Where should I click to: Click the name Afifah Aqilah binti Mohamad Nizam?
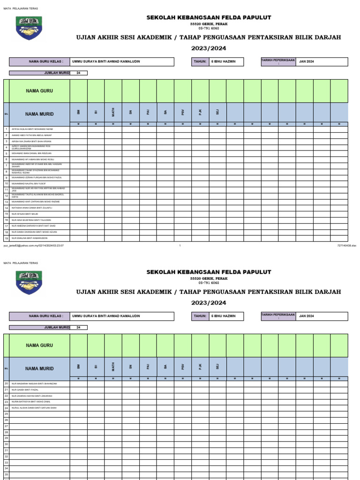coord(32,129)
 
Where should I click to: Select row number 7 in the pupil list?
coord(6,165)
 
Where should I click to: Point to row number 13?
coord(6,202)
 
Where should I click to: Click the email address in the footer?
coord(34,245)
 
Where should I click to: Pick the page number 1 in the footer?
coord(180,245)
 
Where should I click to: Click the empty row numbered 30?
coord(6,444)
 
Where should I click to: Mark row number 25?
coord(6,414)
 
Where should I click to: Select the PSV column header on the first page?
coord(182,112)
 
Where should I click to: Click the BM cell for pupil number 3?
coord(78,141)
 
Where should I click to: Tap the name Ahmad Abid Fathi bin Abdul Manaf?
coord(31,135)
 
